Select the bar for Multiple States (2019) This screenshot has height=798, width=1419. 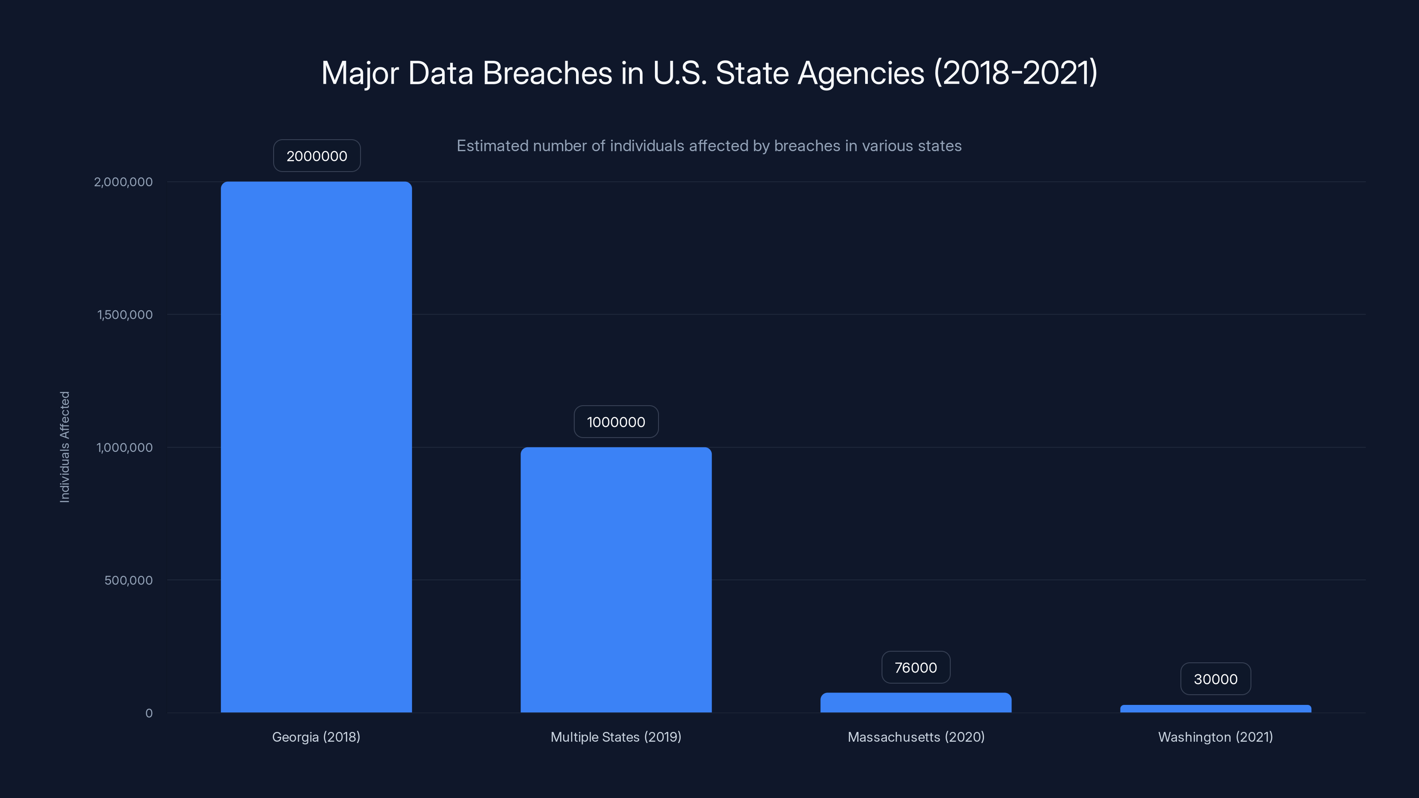pos(616,579)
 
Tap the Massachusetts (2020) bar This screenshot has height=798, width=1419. pos(916,703)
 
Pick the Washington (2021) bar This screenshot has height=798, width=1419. pos(1215,709)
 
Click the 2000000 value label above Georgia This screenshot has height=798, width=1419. pos(317,156)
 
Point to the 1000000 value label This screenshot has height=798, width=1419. pos(616,422)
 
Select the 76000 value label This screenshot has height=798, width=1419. pos(916,668)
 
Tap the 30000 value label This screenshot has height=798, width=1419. pos(1215,679)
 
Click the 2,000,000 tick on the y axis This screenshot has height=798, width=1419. pos(123,182)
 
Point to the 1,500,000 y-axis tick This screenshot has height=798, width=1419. pos(125,314)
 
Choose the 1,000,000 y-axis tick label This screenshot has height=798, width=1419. pos(125,447)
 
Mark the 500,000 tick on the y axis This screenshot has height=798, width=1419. pos(128,580)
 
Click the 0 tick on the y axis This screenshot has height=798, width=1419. pos(149,713)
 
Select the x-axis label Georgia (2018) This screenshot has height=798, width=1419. pos(316,737)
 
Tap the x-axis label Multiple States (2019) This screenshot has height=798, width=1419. pos(616,737)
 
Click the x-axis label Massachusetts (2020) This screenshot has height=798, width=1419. pos(916,737)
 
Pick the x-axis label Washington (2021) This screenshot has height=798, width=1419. pos(1215,737)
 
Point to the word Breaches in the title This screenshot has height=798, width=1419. pos(547,73)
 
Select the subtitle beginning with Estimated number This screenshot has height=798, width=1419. pos(709,146)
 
